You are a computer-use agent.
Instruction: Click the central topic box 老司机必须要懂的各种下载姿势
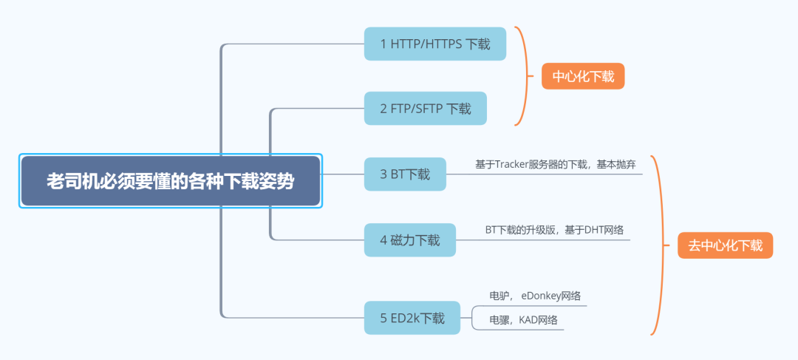tap(170, 181)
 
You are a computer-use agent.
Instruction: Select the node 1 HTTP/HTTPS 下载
tap(434, 44)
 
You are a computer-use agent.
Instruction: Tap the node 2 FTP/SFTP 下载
tap(425, 109)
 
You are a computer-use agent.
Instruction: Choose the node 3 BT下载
tap(405, 174)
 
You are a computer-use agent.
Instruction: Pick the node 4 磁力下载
tap(409, 240)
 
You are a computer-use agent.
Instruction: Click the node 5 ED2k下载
tap(412, 319)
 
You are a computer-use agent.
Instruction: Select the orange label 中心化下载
tap(583, 76)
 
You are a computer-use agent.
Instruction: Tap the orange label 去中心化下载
tap(725, 245)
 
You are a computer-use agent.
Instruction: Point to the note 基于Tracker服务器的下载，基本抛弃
tap(555, 164)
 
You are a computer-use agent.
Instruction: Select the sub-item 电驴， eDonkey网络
tap(534, 296)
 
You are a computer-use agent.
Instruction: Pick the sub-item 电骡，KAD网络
tap(522, 320)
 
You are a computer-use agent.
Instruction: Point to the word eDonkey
tap(541, 296)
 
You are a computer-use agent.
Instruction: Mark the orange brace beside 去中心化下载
tap(661, 245)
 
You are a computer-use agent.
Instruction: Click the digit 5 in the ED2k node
tap(383, 319)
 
